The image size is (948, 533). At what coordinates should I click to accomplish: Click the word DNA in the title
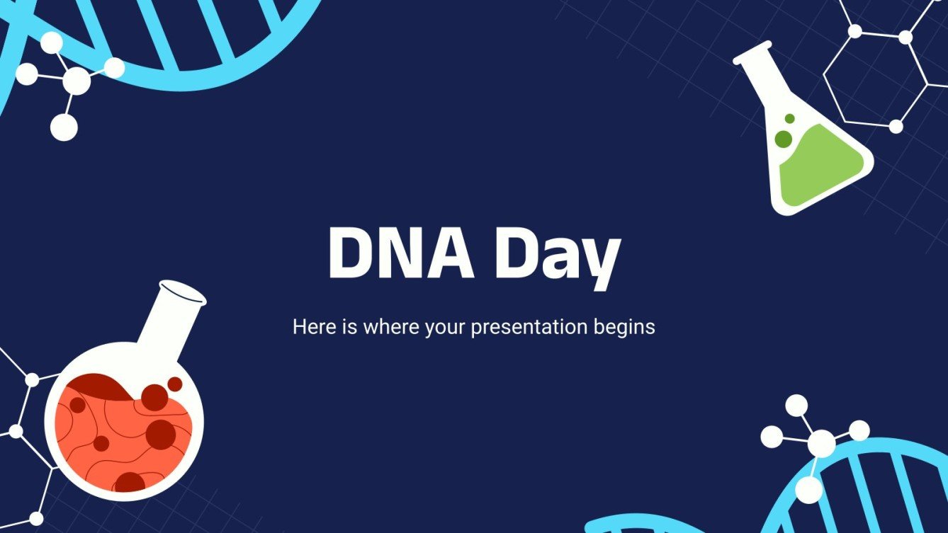click(400, 254)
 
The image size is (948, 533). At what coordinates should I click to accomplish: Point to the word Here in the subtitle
click(311, 328)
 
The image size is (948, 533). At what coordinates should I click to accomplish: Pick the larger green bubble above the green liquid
click(783, 139)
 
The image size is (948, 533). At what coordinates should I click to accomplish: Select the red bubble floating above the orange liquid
click(174, 384)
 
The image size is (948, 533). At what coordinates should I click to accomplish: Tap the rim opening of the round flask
click(182, 291)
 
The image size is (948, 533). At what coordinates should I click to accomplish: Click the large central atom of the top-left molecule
click(77, 81)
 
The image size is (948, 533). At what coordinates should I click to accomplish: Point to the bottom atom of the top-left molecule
click(64, 127)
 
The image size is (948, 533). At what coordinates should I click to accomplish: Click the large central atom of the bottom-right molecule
click(821, 444)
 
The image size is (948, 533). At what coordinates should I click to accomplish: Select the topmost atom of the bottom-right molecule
click(796, 405)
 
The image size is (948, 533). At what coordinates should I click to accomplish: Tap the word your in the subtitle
click(447, 328)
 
